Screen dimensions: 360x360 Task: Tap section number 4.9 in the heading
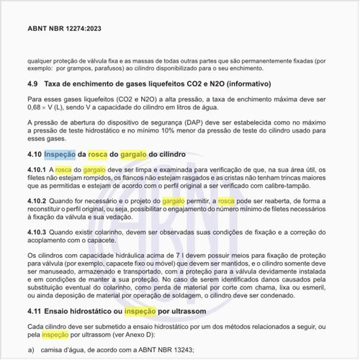[x=34, y=84]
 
